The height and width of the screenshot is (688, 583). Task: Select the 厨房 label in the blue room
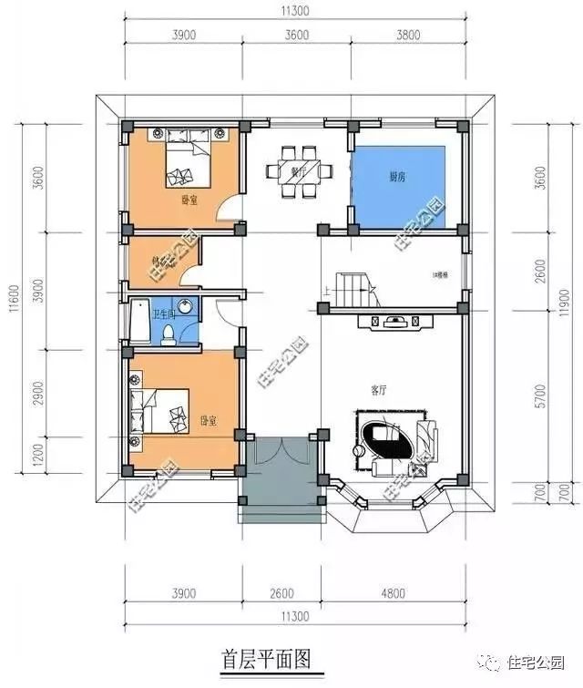tap(397, 177)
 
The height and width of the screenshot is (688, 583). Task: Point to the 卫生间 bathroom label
tap(164, 314)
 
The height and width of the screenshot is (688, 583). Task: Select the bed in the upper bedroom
tap(188, 159)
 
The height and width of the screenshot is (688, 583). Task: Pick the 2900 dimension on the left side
tap(37, 395)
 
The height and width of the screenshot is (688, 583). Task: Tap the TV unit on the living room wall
tap(393, 321)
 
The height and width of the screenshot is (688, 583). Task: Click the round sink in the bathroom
tap(186, 306)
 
